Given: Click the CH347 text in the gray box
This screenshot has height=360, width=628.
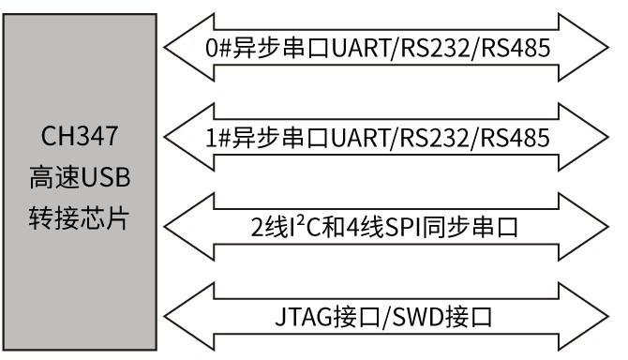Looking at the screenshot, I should (79, 137).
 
